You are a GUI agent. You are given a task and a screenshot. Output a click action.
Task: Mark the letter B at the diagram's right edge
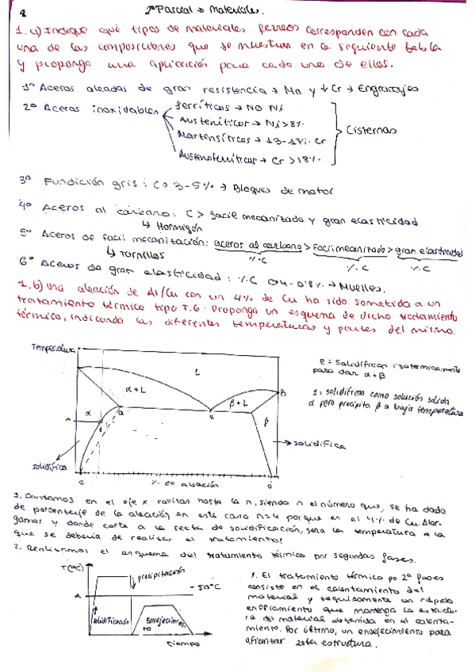click(x=283, y=392)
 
